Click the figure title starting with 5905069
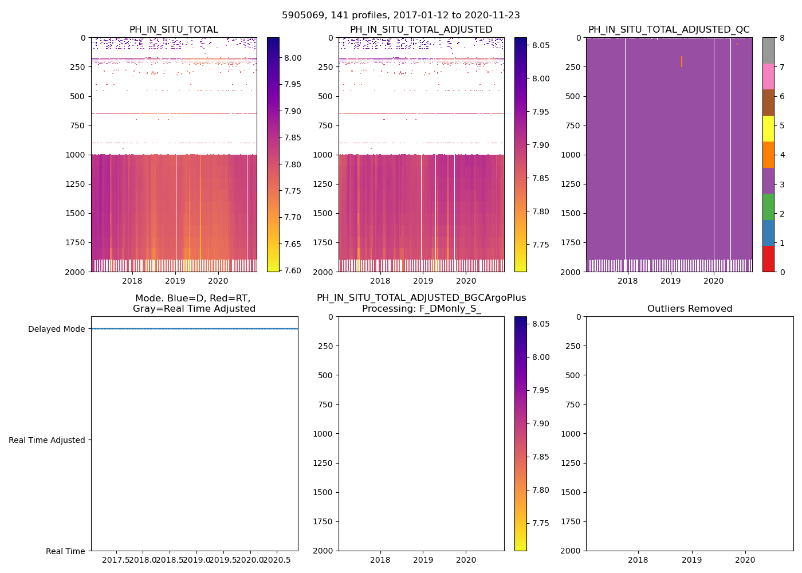[x=401, y=15]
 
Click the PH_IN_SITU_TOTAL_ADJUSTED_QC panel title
[x=669, y=30]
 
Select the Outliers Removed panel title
[x=689, y=309]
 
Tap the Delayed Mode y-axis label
[x=56, y=329]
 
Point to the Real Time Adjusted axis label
[x=46, y=440]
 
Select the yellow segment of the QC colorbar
[x=768, y=129]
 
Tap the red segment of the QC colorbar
[x=768, y=259]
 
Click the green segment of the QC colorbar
[x=768, y=207]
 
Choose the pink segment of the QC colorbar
[x=768, y=77]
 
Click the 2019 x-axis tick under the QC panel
[x=670, y=281]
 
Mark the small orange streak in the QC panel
[x=682, y=61]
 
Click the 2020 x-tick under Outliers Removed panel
[x=745, y=560]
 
